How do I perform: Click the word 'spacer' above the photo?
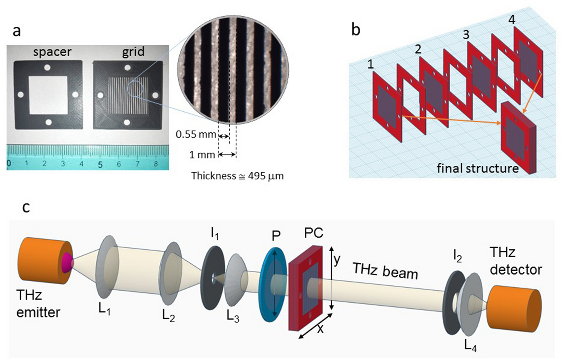pyautogui.click(x=52, y=52)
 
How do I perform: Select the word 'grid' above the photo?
pyautogui.click(x=133, y=51)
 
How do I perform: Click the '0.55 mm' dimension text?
pyautogui.click(x=196, y=134)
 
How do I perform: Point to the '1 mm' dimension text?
pyautogui.click(x=202, y=155)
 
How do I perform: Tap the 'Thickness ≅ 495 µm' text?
pyautogui.click(x=237, y=176)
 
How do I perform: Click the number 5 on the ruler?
pyautogui.click(x=100, y=165)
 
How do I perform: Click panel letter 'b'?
pyautogui.click(x=355, y=30)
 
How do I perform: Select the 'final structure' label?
pyautogui.click(x=478, y=168)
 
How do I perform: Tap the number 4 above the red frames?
pyautogui.click(x=511, y=20)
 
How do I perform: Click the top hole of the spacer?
pyautogui.click(x=47, y=68)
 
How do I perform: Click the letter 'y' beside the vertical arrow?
pyautogui.click(x=336, y=260)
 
